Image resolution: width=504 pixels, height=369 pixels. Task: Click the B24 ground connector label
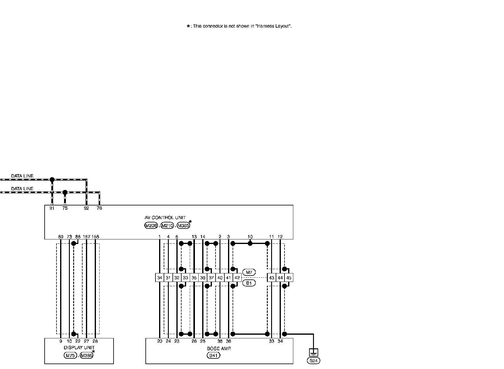[314, 361]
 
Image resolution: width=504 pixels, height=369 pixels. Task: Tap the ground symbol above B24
[314, 352]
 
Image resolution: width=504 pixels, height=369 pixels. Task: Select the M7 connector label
[249, 273]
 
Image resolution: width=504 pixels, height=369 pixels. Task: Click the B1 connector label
[249, 283]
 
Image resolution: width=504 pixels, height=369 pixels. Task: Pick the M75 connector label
[70, 356]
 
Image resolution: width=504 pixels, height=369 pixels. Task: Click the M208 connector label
[151, 225]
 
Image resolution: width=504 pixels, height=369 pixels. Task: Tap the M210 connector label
[167, 225]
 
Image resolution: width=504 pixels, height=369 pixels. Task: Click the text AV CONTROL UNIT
[165, 218]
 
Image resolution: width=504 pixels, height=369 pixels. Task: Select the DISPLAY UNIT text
[79, 348]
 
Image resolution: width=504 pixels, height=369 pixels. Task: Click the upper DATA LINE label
[22, 176]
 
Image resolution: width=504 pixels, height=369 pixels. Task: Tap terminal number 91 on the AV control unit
[52, 208]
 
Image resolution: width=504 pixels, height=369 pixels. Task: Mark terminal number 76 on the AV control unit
[99, 208]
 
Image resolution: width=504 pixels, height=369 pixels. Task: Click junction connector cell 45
[289, 278]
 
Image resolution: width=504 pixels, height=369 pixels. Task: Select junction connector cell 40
[220, 278]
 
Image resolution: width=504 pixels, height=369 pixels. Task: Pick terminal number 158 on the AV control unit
[95, 237]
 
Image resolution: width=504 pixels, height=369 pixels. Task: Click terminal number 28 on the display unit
[95, 341]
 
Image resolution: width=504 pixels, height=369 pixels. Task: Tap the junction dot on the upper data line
[52, 180]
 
